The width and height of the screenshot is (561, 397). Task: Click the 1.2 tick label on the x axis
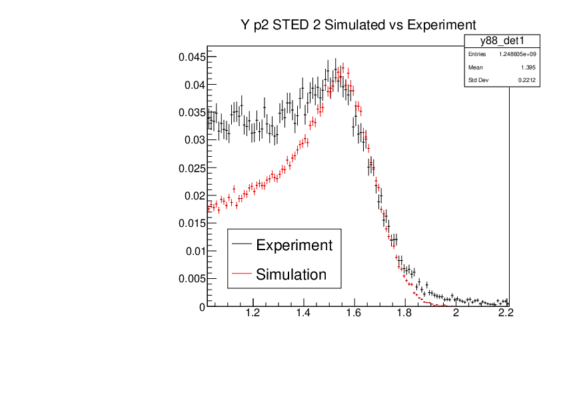pyautogui.click(x=253, y=313)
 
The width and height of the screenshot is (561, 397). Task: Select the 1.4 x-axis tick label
pyautogui.click(x=303, y=313)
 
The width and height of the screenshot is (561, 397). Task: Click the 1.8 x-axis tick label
pyautogui.click(x=405, y=313)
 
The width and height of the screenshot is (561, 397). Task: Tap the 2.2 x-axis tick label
pyautogui.click(x=506, y=313)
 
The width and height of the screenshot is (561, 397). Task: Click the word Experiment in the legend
pyautogui.click(x=294, y=245)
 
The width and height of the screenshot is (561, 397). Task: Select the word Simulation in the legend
pyautogui.click(x=291, y=274)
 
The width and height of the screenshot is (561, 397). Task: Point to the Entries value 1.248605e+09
pyautogui.click(x=518, y=54)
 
